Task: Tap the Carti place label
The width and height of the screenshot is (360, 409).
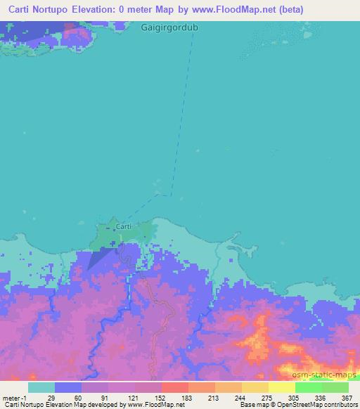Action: [123, 226]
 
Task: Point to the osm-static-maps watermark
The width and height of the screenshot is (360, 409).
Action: [324, 376]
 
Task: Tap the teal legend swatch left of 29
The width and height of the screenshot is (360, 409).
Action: [41, 387]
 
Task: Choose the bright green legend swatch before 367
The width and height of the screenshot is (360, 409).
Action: [335, 387]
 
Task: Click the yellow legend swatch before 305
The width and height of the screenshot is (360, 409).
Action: [281, 387]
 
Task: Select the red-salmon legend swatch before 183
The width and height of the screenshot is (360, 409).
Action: [174, 387]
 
